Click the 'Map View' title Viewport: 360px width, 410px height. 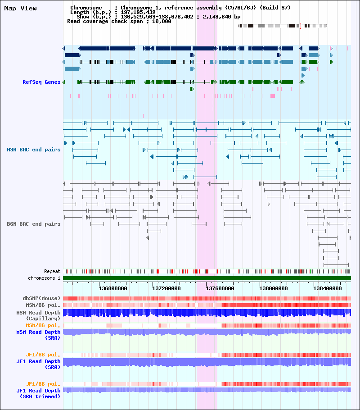(x=20, y=9)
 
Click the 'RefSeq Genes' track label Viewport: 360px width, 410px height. (x=41, y=82)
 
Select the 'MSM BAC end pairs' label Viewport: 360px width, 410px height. (x=33, y=150)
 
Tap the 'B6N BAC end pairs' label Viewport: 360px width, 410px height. (x=33, y=224)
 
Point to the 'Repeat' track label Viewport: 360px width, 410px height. (x=52, y=271)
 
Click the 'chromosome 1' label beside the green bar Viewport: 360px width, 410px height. (x=44, y=278)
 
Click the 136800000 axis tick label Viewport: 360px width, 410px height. (x=113, y=288)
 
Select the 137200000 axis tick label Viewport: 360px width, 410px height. (x=166, y=288)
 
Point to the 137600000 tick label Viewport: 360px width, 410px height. (x=220, y=288)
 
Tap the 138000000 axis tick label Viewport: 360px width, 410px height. (x=274, y=288)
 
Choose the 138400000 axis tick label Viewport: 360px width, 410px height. (x=327, y=288)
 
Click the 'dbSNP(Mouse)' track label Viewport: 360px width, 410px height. (x=41, y=298)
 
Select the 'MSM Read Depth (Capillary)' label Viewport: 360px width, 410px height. (x=38, y=315)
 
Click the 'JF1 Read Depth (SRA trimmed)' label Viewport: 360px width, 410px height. (x=38, y=393)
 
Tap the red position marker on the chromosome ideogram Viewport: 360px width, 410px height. (x=300, y=26)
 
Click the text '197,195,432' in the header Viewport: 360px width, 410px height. (x=138, y=12)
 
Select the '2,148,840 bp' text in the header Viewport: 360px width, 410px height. (x=221, y=17)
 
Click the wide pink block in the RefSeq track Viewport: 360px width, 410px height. (x=273, y=96)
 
